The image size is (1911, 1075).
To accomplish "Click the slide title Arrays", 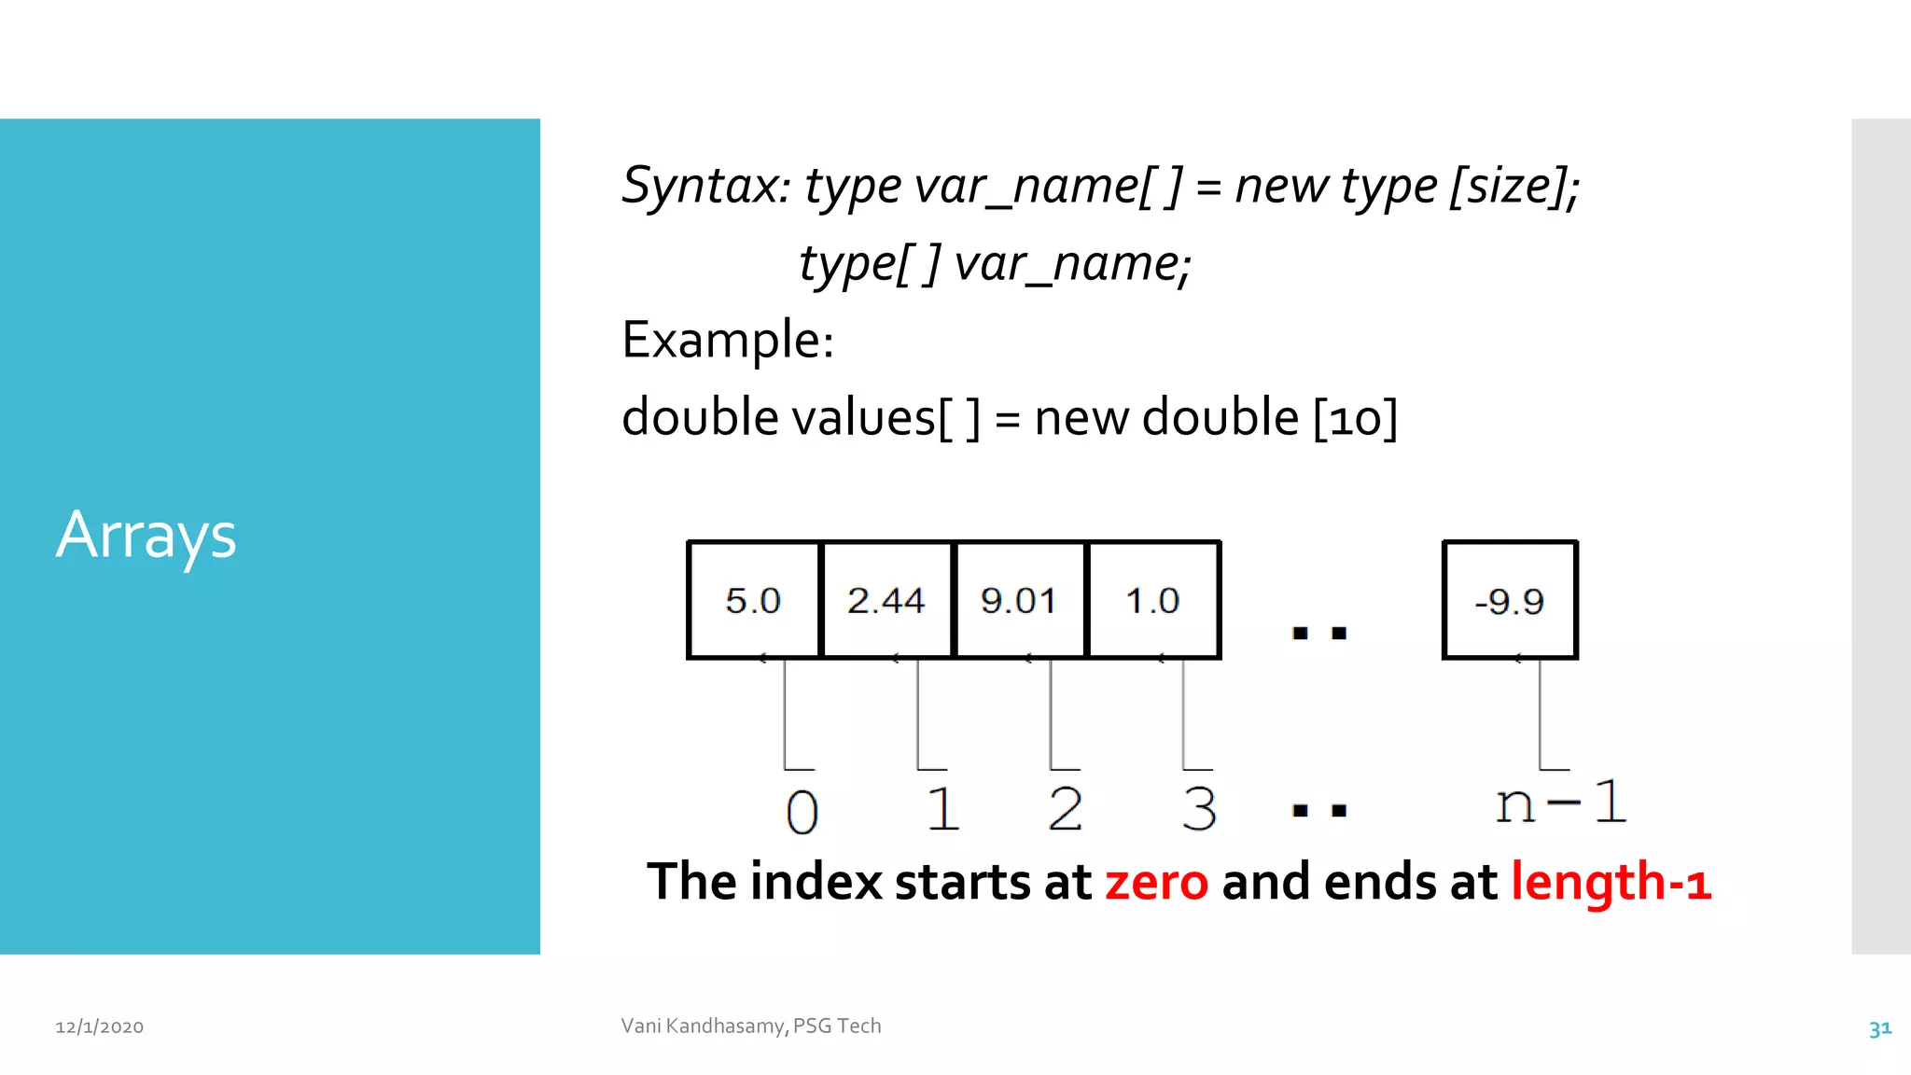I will (x=146, y=536).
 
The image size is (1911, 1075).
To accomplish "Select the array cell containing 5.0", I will (x=753, y=600).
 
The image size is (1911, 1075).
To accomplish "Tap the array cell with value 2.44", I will (x=886, y=600).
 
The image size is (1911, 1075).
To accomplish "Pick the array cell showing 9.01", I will (x=1019, y=600).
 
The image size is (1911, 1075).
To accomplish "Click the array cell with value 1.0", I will (x=1153, y=600).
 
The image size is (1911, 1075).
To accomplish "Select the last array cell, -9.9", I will (x=1510, y=601).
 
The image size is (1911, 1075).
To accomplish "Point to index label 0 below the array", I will (x=802, y=811).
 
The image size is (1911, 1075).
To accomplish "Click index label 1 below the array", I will (x=942, y=808).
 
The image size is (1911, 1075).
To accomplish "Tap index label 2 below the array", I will (x=1065, y=808).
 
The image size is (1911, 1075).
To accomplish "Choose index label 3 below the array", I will (x=1199, y=808).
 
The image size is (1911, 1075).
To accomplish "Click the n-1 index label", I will (x=1561, y=803).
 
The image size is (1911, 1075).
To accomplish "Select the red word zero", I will (x=1156, y=882).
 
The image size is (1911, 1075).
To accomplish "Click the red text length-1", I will (x=1611, y=882).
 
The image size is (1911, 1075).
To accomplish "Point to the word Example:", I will (x=728, y=340).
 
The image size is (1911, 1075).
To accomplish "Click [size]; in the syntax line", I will (x=1513, y=186).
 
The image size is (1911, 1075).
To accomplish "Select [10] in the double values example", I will (x=1355, y=417).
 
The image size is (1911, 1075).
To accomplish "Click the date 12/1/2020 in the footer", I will (x=100, y=1026).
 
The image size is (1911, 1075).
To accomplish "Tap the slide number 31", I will (x=1879, y=1028).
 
